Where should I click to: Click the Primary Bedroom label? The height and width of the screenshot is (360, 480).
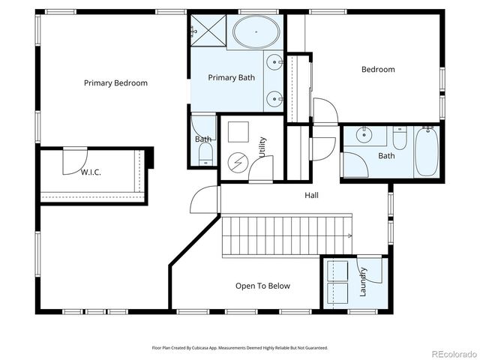tap(115, 83)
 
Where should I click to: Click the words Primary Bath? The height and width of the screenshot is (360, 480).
tap(232, 77)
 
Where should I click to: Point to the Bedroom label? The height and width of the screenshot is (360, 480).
tap(378, 70)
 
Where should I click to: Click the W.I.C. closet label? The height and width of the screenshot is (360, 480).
tap(91, 172)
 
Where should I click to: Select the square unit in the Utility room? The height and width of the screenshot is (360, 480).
tap(238, 132)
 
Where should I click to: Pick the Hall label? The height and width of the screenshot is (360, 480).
tap(312, 195)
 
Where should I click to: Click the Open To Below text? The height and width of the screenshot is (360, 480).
tap(262, 286)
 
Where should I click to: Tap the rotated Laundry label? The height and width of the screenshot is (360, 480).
tap(363, 281)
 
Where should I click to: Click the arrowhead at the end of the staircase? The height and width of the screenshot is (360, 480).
tap(349, 235)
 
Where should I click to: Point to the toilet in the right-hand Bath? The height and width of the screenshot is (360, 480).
tap(399, 139)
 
